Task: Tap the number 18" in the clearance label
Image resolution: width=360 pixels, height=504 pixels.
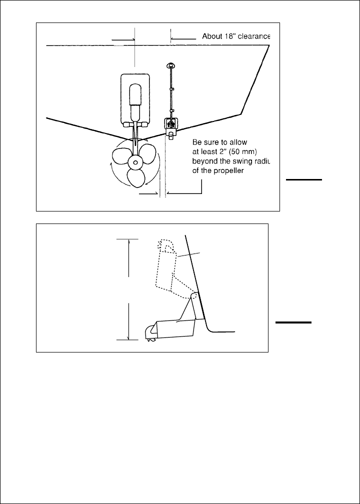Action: point(230,36)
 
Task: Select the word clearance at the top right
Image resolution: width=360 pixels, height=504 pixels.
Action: point(254,36)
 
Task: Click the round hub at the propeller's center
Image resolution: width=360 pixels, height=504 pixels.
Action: point(134,163)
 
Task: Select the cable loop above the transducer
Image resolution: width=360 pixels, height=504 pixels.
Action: point(171,65)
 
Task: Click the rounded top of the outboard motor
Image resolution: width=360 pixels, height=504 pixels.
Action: point(135,90)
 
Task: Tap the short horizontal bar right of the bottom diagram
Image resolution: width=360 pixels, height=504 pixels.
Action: point(294,323)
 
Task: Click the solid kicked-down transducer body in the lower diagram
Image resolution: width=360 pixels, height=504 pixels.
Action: point(175,327)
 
